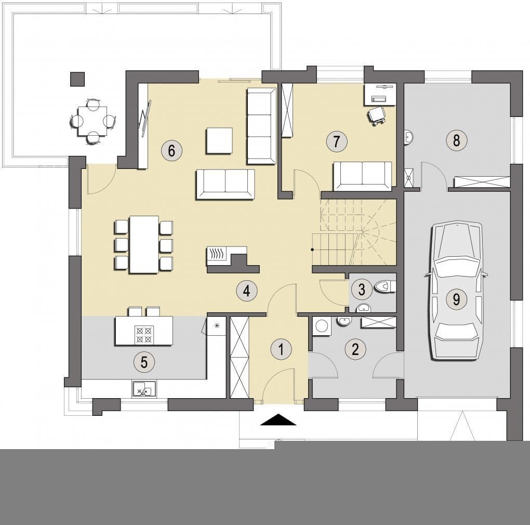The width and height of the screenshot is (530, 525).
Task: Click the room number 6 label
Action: click(171, 150)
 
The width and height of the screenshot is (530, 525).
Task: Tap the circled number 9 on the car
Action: click(456, 299)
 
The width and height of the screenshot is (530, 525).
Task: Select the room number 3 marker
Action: click(361, 290)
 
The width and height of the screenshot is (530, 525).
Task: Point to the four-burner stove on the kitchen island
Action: click(144, 335)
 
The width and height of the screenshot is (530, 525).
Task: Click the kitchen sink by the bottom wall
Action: click(144, 389)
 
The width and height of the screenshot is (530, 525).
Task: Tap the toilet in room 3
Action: click(385, 287)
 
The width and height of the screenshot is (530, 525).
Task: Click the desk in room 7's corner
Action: click(380, 95)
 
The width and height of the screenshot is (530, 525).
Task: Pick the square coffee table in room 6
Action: click(219, 140)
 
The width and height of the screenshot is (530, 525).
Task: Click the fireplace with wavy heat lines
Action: click(218, 254)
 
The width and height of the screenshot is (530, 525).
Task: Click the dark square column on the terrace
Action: click(77, 79)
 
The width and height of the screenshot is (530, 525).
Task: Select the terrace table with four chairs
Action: click(92, 121)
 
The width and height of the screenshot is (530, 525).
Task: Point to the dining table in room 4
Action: click(144, 244)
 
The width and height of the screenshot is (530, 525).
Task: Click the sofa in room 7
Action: click(362, 176)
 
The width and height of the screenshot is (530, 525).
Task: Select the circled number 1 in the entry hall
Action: click(281, 349)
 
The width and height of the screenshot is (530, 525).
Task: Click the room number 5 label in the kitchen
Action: click(144, 362)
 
